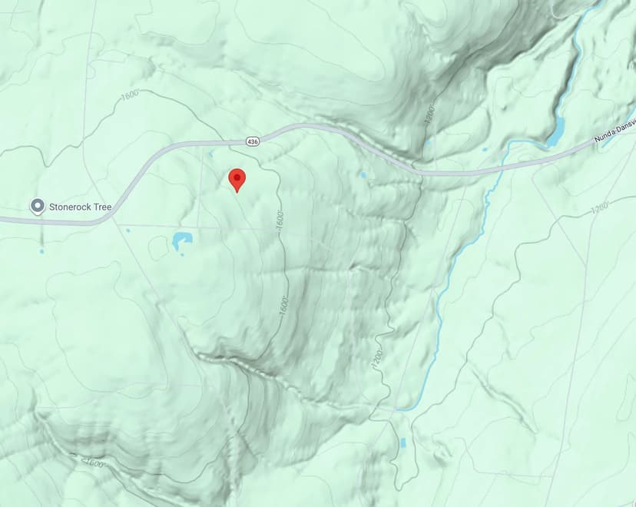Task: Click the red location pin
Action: tap(237, 178)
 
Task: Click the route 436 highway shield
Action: tap(253, 141)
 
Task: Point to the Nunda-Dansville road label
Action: tap(614, 134)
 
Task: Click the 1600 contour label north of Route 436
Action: tap(129, 97)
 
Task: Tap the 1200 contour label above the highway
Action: tap(430, 116)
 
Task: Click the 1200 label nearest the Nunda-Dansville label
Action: tap(600, 207)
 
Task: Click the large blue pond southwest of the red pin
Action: tap(183, 241)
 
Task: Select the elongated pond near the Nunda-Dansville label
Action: tap(555, 131)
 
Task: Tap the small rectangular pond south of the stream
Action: tap(402, 443)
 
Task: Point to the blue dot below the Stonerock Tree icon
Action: tap(41, 251)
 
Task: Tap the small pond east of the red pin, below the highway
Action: tap(362, 175)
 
